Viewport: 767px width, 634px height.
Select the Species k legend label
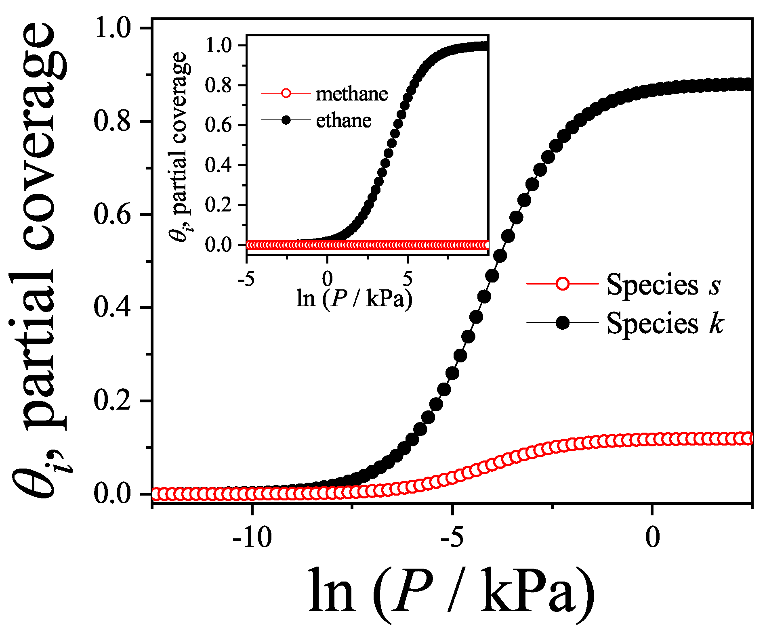(665, 323)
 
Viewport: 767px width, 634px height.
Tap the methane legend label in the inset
(351, 94)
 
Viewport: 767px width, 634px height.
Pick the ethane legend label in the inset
(343, 120)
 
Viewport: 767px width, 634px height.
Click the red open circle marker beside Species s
(562, 284)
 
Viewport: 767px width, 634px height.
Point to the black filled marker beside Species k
(562, 323)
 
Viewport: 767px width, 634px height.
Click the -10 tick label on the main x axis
(252, 537)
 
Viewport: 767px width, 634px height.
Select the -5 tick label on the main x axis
(453, 537)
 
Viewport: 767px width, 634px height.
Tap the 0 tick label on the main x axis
(652, 537)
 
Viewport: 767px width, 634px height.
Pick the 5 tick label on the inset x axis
(408, 278)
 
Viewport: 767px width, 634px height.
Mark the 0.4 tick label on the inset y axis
(219, 165)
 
